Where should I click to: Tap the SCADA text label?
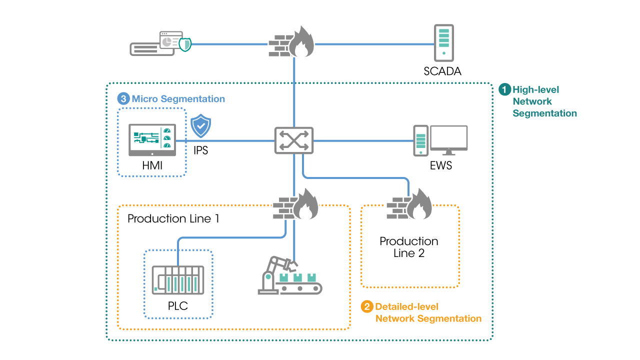coord(442,71)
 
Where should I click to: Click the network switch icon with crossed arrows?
coord(293,140)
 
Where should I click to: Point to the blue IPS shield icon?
coord(200,127)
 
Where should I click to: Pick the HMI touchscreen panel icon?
coord(152,140)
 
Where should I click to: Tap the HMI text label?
coord(152,165)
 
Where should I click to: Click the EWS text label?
coord(440,165)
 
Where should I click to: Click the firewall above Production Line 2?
coord(409,204)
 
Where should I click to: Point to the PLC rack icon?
coord(178,280)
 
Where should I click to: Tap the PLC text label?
coord(178,305)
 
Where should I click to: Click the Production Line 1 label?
coord(173,218)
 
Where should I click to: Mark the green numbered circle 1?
coord(505,90)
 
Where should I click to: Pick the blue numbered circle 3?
coord(123,99)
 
